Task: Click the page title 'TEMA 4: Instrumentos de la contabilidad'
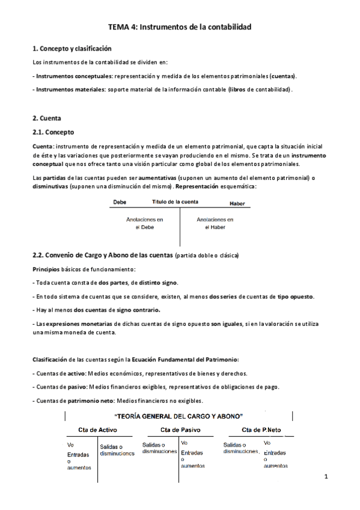click(179, 27)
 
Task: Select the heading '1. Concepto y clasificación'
click(72, 48)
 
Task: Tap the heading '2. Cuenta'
click(47, 118)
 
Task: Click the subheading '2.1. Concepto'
click(53, 132)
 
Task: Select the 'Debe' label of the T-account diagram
click(120, 203)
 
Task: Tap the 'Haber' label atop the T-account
click(239, 204)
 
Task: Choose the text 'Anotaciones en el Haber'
click(215, 224)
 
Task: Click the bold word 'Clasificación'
click(49, 360)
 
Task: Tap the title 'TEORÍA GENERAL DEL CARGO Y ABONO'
click(178, 416)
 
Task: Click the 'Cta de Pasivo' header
click(180, 430)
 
